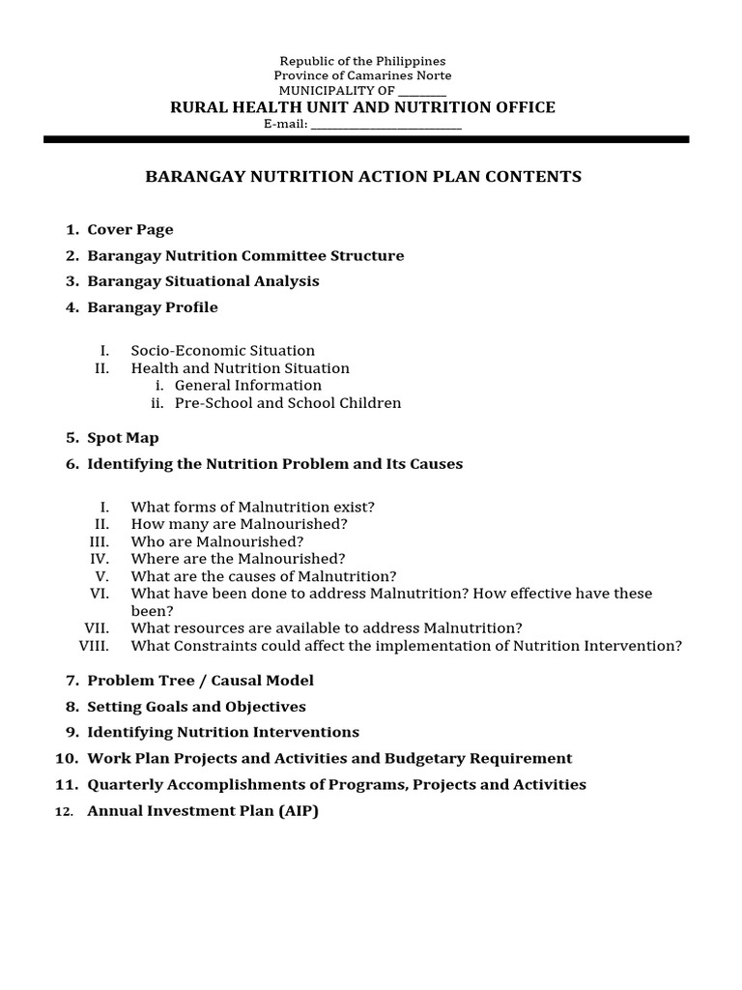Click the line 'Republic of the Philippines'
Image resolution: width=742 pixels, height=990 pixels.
[x=362, y=61]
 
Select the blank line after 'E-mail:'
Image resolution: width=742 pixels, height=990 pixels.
[x=385, y=125]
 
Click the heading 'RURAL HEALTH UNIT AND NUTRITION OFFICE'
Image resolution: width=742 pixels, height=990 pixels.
[x=362, y=107]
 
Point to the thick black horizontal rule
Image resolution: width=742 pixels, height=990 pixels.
[x=366, y=139]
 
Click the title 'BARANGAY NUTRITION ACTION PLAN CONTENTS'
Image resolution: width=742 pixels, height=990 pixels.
[x=362, y=177]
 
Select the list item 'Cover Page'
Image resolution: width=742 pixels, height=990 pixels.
[x=130, y=230]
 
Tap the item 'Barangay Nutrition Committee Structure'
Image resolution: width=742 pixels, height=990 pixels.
[x=245, y=256]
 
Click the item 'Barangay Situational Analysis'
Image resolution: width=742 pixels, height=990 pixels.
[x=203, y=281]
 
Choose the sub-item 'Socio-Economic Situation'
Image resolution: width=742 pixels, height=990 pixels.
[x=223, y=351]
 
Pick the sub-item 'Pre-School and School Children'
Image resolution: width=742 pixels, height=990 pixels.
[x=288, y=403]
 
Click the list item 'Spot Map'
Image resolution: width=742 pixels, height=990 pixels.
[x=123, y=438]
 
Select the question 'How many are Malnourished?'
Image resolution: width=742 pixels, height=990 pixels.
[x=240, y=524]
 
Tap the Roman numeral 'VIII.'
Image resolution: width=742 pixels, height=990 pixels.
[x=94, y=646]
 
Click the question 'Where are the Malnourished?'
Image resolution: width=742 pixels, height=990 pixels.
[x=238, y=559]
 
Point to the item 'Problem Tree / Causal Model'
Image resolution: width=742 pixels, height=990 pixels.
[x=200, y=681]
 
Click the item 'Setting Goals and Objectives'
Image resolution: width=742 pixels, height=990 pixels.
[x=196, y=707]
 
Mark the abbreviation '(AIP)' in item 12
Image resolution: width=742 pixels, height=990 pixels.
[x=299, y=811]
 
